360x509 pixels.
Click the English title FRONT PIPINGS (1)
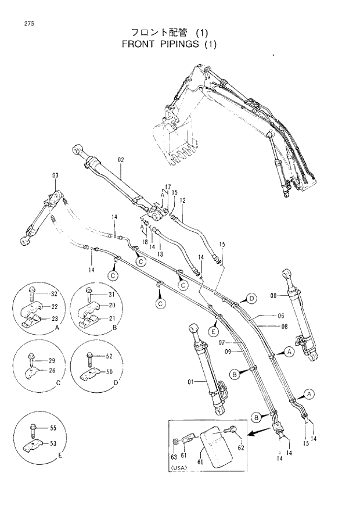[169, 44]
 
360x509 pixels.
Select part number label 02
[121, 159]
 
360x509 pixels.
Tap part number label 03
[55, 175]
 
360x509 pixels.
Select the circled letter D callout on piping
[251, 299]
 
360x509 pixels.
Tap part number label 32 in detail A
[54, 293]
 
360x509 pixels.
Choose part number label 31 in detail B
[112, 293]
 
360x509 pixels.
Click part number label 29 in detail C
[51, 361]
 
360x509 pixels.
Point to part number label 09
[228, 352]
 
